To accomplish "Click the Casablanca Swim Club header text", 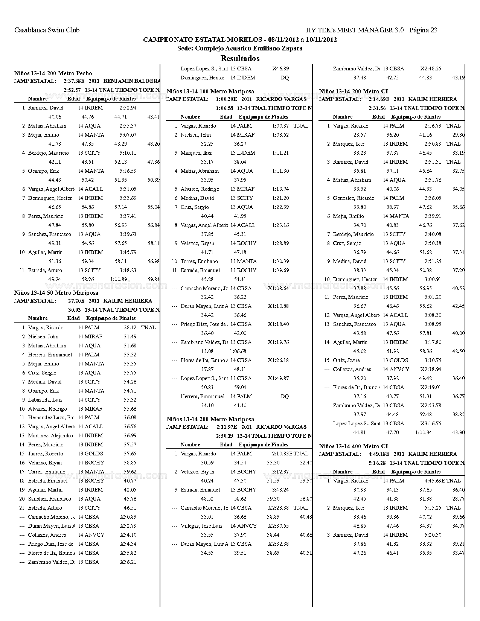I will tap(47, 30).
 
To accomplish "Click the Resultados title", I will tap(240, 58).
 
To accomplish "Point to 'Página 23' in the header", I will tap(423, 30).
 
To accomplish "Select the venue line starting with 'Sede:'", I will tap(240, 48).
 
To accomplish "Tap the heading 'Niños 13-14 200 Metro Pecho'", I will tap(53, 73).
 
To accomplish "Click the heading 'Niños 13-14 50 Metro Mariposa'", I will tap(56, 292).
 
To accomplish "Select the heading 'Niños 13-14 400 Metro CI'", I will tap(353, 446).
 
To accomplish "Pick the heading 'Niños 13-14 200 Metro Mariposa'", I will tap(210, 419).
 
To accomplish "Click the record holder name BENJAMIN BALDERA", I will tap(132, 81).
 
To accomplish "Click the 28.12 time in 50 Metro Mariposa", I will tap(130, 327).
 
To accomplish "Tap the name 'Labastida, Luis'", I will tap(45, 400).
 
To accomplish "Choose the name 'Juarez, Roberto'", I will tap(46, 454).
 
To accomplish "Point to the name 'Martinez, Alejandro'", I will tap(50, 435).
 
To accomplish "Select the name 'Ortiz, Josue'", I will tap(346, 360).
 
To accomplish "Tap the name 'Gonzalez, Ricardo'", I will tap(354, 198).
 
